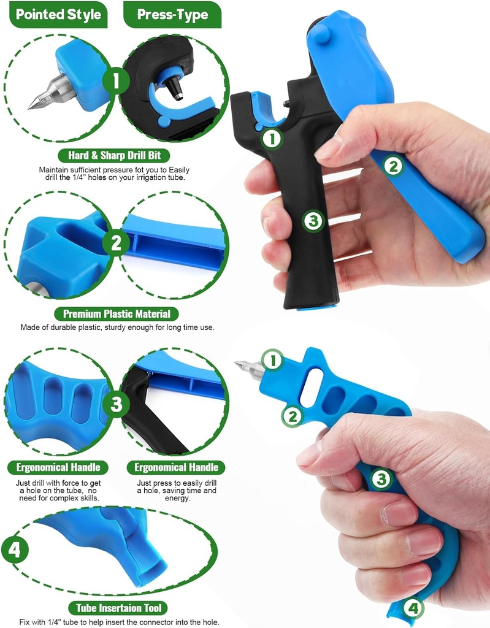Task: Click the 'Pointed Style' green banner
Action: (58, 15)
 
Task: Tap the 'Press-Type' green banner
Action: (172, 15)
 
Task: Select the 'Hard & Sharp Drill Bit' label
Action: (114, 155)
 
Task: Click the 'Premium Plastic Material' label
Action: (117, 313)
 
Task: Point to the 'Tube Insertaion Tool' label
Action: (118, 608)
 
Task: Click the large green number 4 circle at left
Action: (15, 549)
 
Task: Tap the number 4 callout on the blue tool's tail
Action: (413, 608)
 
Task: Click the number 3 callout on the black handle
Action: (313, 221)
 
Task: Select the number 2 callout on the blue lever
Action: (393, 166)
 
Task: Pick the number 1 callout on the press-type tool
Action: (272, 139)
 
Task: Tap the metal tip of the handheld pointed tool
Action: (249, 369)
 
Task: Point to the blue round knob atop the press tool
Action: (321, 33)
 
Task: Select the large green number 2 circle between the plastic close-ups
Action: (116, 243)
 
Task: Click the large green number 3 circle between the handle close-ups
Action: (116, 404)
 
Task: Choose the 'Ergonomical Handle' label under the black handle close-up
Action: (176, 467)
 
